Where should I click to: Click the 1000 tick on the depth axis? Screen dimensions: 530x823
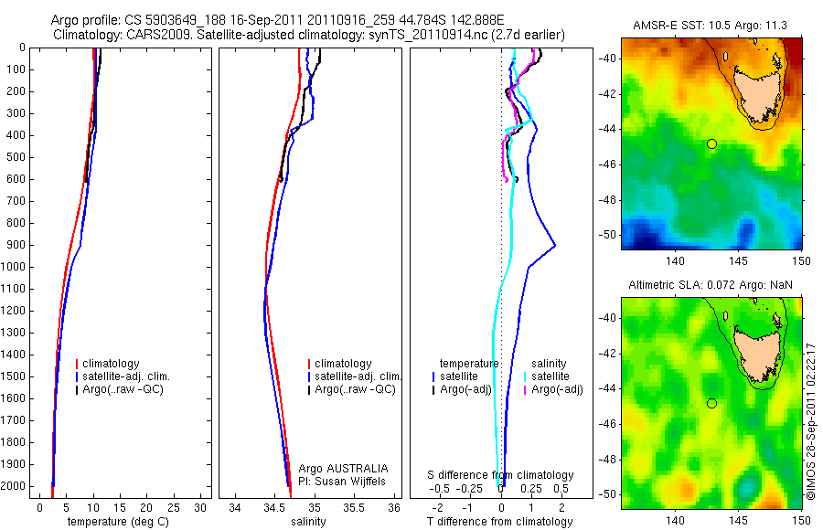tap(16, 267)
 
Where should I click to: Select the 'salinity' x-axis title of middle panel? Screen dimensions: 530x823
tap(308, 522)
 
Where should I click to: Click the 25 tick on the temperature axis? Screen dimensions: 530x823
tap(173, 507)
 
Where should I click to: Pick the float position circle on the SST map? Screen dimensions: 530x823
tap(711, 143)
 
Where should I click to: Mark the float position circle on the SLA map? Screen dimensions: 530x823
tap(711, 403)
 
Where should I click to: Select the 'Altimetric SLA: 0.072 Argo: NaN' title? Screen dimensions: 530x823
tap(711, 286)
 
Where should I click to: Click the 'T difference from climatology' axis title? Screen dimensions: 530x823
tap(499, 522)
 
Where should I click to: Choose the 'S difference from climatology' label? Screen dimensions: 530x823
tap(501, 475)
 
